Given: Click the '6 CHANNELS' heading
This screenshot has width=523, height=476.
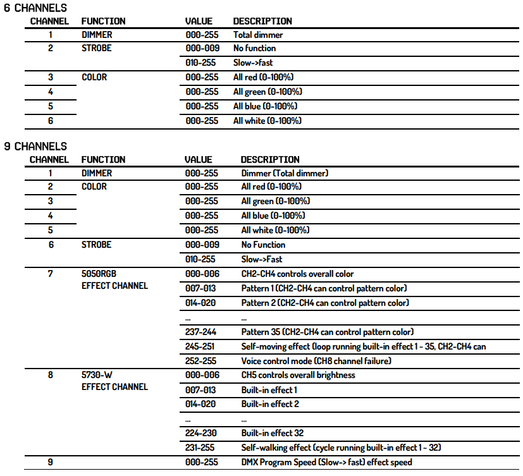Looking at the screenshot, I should point(35,8).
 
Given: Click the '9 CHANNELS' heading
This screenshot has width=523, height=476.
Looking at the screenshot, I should point(35,146).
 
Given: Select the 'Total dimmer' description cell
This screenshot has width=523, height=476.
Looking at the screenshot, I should point(258,35).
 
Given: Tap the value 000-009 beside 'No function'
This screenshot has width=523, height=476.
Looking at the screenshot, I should point(202,48).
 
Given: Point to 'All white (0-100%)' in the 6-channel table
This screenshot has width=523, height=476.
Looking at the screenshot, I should point(267,121).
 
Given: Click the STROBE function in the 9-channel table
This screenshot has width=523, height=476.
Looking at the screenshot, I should point(96,245).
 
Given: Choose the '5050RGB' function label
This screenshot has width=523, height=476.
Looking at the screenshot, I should point(99,274).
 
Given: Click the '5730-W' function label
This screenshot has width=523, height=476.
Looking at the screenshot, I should point(97,375).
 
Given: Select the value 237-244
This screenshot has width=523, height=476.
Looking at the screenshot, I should point(202,332).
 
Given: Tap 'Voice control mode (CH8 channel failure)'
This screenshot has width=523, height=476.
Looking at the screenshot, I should point(316,361).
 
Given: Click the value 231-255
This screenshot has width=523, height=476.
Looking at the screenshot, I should point(202,448).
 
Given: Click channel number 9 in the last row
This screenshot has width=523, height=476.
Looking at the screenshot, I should point(51,463).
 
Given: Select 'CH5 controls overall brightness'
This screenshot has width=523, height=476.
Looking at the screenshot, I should point(298,375).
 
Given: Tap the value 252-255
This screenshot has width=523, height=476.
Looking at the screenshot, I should point(202,361).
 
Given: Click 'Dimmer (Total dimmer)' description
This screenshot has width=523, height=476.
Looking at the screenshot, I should point(285,173).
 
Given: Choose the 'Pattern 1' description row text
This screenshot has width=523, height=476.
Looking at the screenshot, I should point(324,288).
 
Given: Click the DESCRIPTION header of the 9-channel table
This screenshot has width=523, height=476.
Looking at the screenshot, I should point(270,160).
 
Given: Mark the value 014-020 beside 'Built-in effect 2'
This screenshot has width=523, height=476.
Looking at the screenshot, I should point(202,404).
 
